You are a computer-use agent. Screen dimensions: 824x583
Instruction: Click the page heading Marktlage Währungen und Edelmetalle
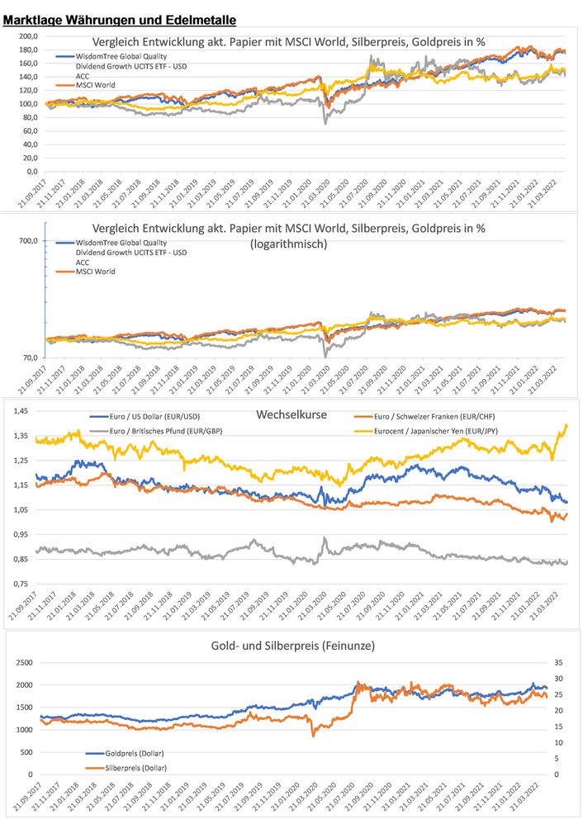tap(120, 18)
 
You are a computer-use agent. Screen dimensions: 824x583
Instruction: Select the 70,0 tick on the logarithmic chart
tap(30, 358)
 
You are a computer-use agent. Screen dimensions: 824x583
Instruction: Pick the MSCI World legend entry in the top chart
tap(95, 85)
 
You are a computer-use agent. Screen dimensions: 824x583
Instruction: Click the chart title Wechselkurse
tap(294, 415)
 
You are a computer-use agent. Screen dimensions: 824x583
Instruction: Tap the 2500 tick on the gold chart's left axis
tap(23, 662)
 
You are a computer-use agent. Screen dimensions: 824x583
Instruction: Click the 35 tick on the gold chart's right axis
tap(558, 662)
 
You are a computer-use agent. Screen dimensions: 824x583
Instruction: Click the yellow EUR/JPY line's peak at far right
tap(567, 424)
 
